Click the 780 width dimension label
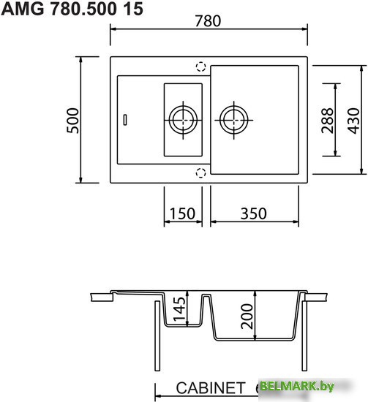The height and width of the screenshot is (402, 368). (208, 21)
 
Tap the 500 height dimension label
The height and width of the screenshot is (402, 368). (72, 121)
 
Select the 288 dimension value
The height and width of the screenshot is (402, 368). (328, 121)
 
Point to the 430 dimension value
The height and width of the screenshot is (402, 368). (353, 121)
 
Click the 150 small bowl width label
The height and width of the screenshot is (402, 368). (182, 213)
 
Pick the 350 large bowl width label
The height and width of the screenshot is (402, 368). (254, 213)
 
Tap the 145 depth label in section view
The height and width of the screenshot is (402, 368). (179, 309)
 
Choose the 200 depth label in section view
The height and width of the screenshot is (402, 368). (247, 316)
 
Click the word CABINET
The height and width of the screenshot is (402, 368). (211, 388)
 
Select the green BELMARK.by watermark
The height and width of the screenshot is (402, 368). (296, 386)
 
